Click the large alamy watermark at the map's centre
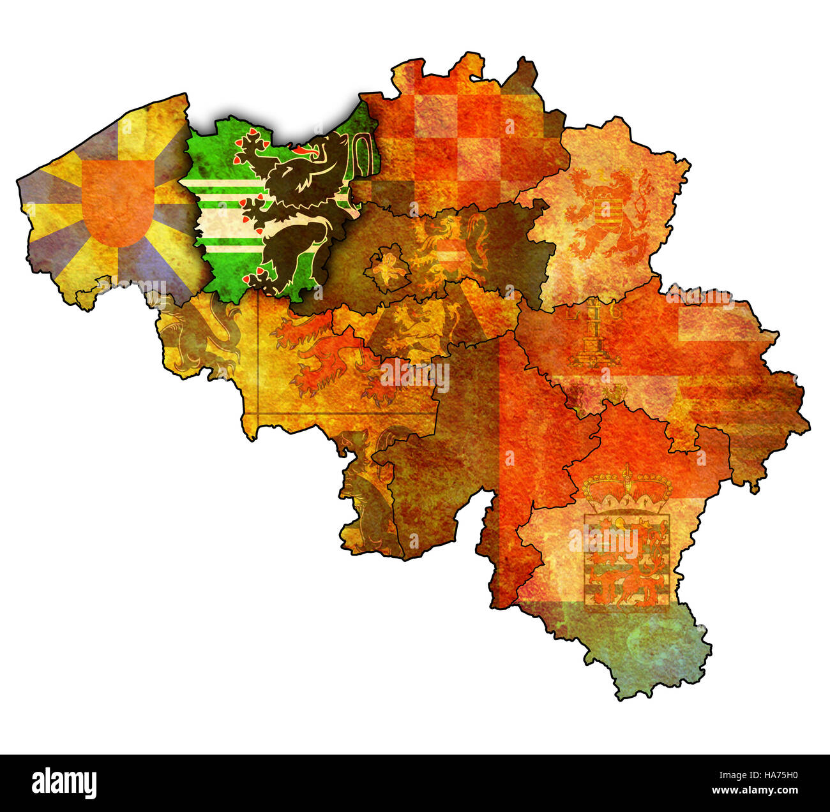(415, 377)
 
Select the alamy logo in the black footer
(64, 782)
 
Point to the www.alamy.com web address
(760, 792)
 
